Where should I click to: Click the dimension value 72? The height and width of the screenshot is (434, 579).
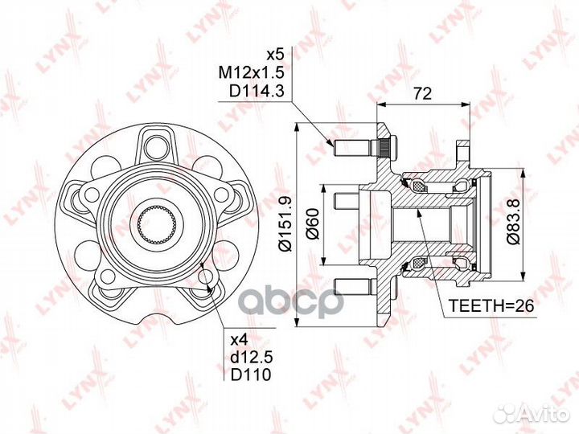[422, 93]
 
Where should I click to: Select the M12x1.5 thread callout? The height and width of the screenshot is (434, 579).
[252, 72]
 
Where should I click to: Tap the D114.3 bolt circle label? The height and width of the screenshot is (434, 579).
[257, 91]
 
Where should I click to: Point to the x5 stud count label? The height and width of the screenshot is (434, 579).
[275, 55]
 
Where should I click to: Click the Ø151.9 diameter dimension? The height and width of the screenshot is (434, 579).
[285, 225]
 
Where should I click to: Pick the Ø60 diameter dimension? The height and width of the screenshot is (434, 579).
[312, 223]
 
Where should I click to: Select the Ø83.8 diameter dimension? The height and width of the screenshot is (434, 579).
[513, 222]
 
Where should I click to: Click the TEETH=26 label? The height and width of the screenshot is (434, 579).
[491, 305]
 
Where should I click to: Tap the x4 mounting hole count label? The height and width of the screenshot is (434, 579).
[240, 339]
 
